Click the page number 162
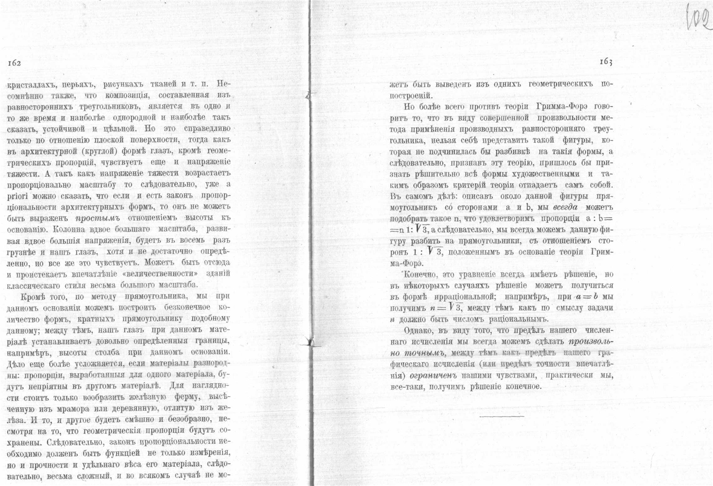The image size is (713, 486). point(14,63)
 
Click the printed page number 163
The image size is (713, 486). point(606,62)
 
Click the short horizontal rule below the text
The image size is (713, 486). point(501,417)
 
